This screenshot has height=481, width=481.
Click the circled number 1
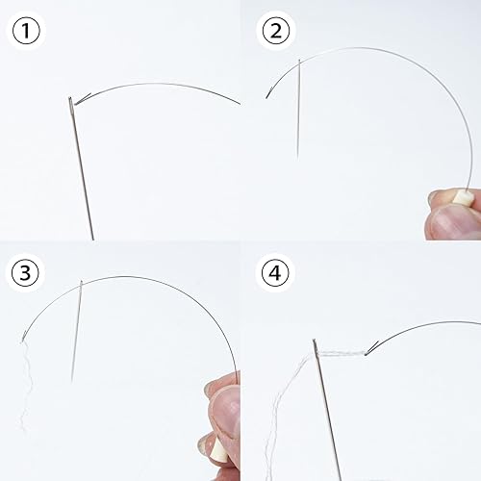(x=26, y=31)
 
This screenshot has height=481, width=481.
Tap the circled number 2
(x=276, y=31)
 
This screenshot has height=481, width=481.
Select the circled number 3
(x=25, y=272)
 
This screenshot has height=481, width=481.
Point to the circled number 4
(x=275, y=273)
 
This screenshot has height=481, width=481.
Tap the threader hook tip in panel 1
(x=76, y=103)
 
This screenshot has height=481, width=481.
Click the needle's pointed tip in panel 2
(x=297, y=159)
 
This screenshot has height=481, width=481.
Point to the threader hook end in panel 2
(x=266, y=96)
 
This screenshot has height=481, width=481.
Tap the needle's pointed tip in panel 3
(x=71, y=381)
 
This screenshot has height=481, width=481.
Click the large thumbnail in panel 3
(x=226, y=412)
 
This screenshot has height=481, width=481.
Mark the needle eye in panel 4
(x=316, y=345)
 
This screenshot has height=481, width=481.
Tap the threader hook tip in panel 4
(x=367, y=354)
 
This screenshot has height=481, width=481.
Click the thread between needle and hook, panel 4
(x=342, y=353)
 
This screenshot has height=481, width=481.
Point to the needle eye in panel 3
(x=81, y=285)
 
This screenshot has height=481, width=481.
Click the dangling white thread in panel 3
(x=26, y=385)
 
